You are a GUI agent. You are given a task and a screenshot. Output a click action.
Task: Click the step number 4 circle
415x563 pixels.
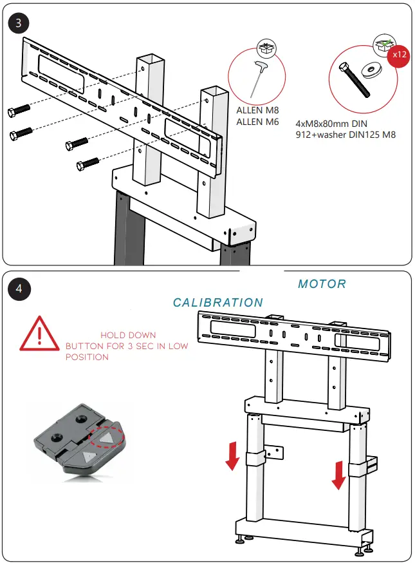(x=19, y=288)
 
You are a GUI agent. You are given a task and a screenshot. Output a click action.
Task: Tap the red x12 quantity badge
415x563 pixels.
(x=399, y=55)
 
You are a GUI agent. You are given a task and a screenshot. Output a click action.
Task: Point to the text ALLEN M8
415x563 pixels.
(x=257, y=110)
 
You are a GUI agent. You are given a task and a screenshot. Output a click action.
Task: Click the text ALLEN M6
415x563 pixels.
(x=257, y=122)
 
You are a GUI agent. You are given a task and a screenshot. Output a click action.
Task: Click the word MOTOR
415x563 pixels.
(x=322, y=284)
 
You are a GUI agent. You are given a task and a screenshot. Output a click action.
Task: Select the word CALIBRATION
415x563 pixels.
(x=218, y=303)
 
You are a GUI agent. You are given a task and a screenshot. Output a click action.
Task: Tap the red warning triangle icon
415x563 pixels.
(x=39, y=335)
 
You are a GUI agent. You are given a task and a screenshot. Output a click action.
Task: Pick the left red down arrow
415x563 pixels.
(x=233, y=457)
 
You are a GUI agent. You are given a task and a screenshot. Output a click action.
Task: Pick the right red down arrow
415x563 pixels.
(x=337, y=475)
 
